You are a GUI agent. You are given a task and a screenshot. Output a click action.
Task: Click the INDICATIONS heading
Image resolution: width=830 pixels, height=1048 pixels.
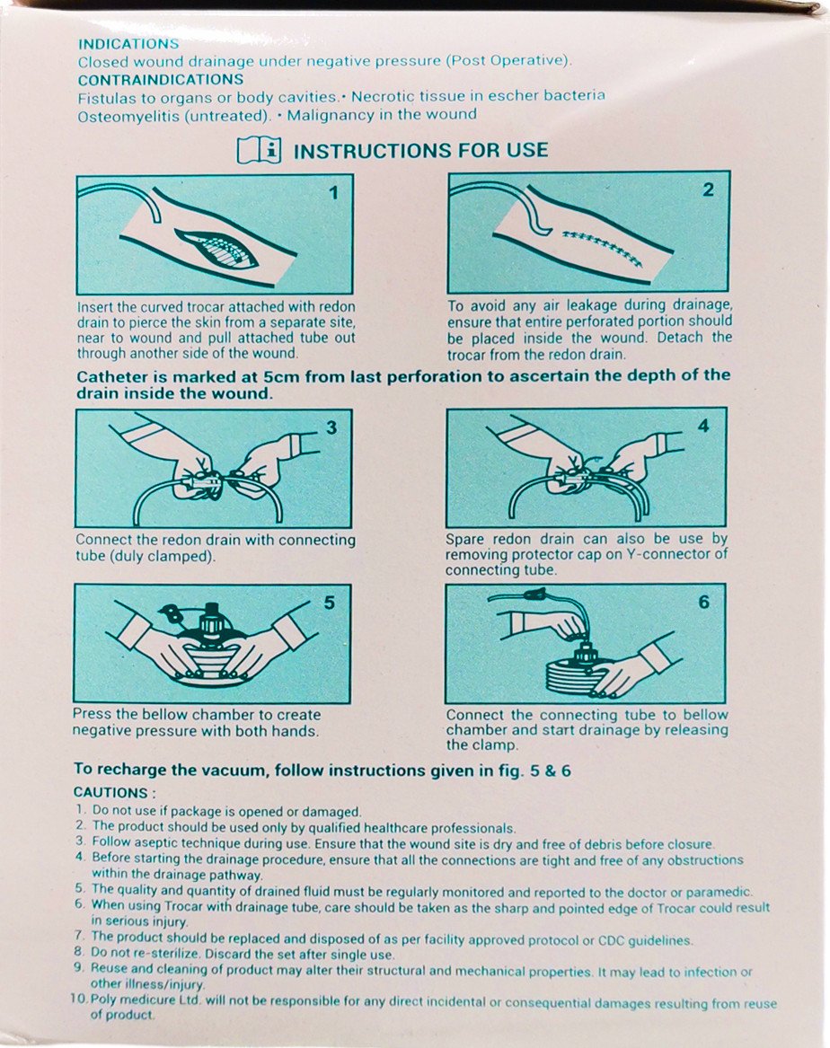(128, 43)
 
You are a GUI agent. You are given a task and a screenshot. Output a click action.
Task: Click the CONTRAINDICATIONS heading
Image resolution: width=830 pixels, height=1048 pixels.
(161, 80)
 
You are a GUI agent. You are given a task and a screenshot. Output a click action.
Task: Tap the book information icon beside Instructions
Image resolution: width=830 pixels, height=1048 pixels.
(259, 150)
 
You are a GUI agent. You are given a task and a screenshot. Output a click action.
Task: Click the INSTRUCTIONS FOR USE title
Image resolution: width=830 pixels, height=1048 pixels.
(421, 150)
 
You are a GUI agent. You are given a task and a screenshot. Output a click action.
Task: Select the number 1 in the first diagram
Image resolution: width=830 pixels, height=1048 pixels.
(333, 193)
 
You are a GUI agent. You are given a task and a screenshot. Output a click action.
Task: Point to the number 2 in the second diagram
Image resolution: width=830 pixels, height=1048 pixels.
(709, 189)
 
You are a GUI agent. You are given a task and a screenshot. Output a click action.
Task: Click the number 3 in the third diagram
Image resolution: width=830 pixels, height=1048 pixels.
(331, 427)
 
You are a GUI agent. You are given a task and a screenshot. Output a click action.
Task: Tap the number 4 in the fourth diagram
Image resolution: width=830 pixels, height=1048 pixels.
(703, 425)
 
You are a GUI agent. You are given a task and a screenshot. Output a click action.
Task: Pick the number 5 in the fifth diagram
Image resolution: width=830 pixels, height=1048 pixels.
(330, 603)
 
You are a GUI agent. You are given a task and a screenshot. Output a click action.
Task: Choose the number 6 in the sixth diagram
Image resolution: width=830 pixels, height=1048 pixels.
(704, 603)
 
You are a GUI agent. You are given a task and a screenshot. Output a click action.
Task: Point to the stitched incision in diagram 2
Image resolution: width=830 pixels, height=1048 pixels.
(603, 247)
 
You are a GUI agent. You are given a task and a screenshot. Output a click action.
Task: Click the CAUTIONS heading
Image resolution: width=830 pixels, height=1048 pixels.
(114, 793)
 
